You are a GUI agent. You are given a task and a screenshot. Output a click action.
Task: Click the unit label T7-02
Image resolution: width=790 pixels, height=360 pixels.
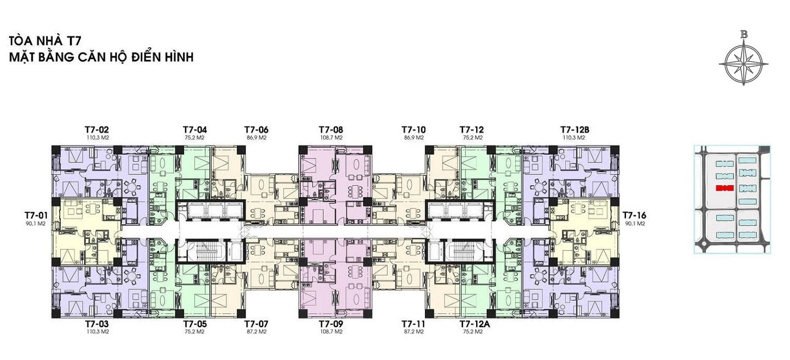[x=97, y=130]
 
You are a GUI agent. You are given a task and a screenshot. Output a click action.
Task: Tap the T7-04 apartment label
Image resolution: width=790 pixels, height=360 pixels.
[x=195, y=130]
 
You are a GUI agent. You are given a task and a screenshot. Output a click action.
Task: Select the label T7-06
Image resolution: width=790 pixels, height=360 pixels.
[x=256, y=130]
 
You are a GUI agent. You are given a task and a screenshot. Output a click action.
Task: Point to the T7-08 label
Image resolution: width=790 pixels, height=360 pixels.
[x=331, y=130]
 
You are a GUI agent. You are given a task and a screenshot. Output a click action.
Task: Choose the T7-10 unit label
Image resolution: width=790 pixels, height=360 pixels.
[x=414, y=130]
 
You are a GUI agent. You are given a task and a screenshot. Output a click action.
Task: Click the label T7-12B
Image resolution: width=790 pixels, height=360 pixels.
[x=575, y=130]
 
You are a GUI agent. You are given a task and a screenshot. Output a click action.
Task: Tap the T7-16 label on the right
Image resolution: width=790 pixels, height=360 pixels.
[x=635, y=215]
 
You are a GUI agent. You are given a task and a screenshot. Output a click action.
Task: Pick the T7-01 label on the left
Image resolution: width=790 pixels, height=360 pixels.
[x=36, y=215]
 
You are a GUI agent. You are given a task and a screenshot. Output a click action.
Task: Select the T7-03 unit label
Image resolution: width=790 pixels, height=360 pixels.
[x=97, y=324]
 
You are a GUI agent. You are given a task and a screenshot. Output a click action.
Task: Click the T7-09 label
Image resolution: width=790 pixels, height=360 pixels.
[x=331, y=324]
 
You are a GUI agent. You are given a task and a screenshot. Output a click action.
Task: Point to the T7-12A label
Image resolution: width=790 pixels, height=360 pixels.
[x=475, y=324]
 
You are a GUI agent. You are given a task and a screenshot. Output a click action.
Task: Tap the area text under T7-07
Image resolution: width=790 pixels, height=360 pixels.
[x=256, y=332]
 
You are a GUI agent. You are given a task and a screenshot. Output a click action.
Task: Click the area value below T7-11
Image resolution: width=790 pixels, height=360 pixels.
[x=414, y=332]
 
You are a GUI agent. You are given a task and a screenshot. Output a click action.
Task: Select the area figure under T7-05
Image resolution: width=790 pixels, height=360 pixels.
[x=195, y=332]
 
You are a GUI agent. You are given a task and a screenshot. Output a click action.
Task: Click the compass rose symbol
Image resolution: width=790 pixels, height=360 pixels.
[x=744, y=64]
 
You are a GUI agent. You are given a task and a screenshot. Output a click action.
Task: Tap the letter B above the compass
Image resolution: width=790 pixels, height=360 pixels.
[x=744, y=35]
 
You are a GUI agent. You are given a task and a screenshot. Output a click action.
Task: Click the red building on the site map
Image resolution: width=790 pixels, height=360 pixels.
[x=725, y=188]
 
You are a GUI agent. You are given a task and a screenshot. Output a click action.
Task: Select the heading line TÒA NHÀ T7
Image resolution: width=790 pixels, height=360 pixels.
[x=45, y=41]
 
